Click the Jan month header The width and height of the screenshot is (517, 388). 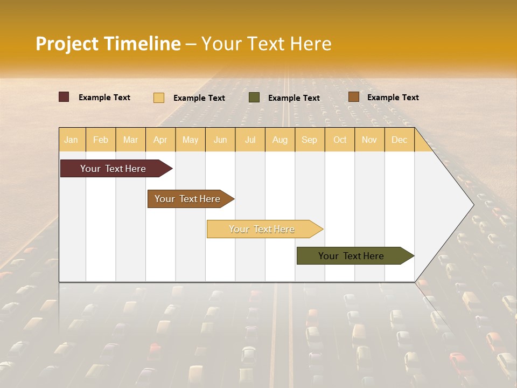coord(71,140)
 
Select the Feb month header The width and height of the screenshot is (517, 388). coord(101,140)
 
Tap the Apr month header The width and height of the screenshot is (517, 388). coord(160,140)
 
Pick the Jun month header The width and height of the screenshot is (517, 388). coord(220,140)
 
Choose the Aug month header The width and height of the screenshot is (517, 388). coord(280,140)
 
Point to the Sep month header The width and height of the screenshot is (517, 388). coord(309,140)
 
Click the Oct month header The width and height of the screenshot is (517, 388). coord(340,140)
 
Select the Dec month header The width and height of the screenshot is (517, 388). coord(399,140)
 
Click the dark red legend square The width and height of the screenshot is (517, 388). coord(64,97)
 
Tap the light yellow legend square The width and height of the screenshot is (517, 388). coord(159,98)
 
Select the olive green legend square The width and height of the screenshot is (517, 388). coord(254,97)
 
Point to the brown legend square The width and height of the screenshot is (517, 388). coord(353,97)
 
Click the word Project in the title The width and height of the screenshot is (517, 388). coord(67,44)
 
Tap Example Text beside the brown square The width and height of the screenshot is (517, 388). coord(393,98)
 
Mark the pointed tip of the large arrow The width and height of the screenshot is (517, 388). coord(473,204)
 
